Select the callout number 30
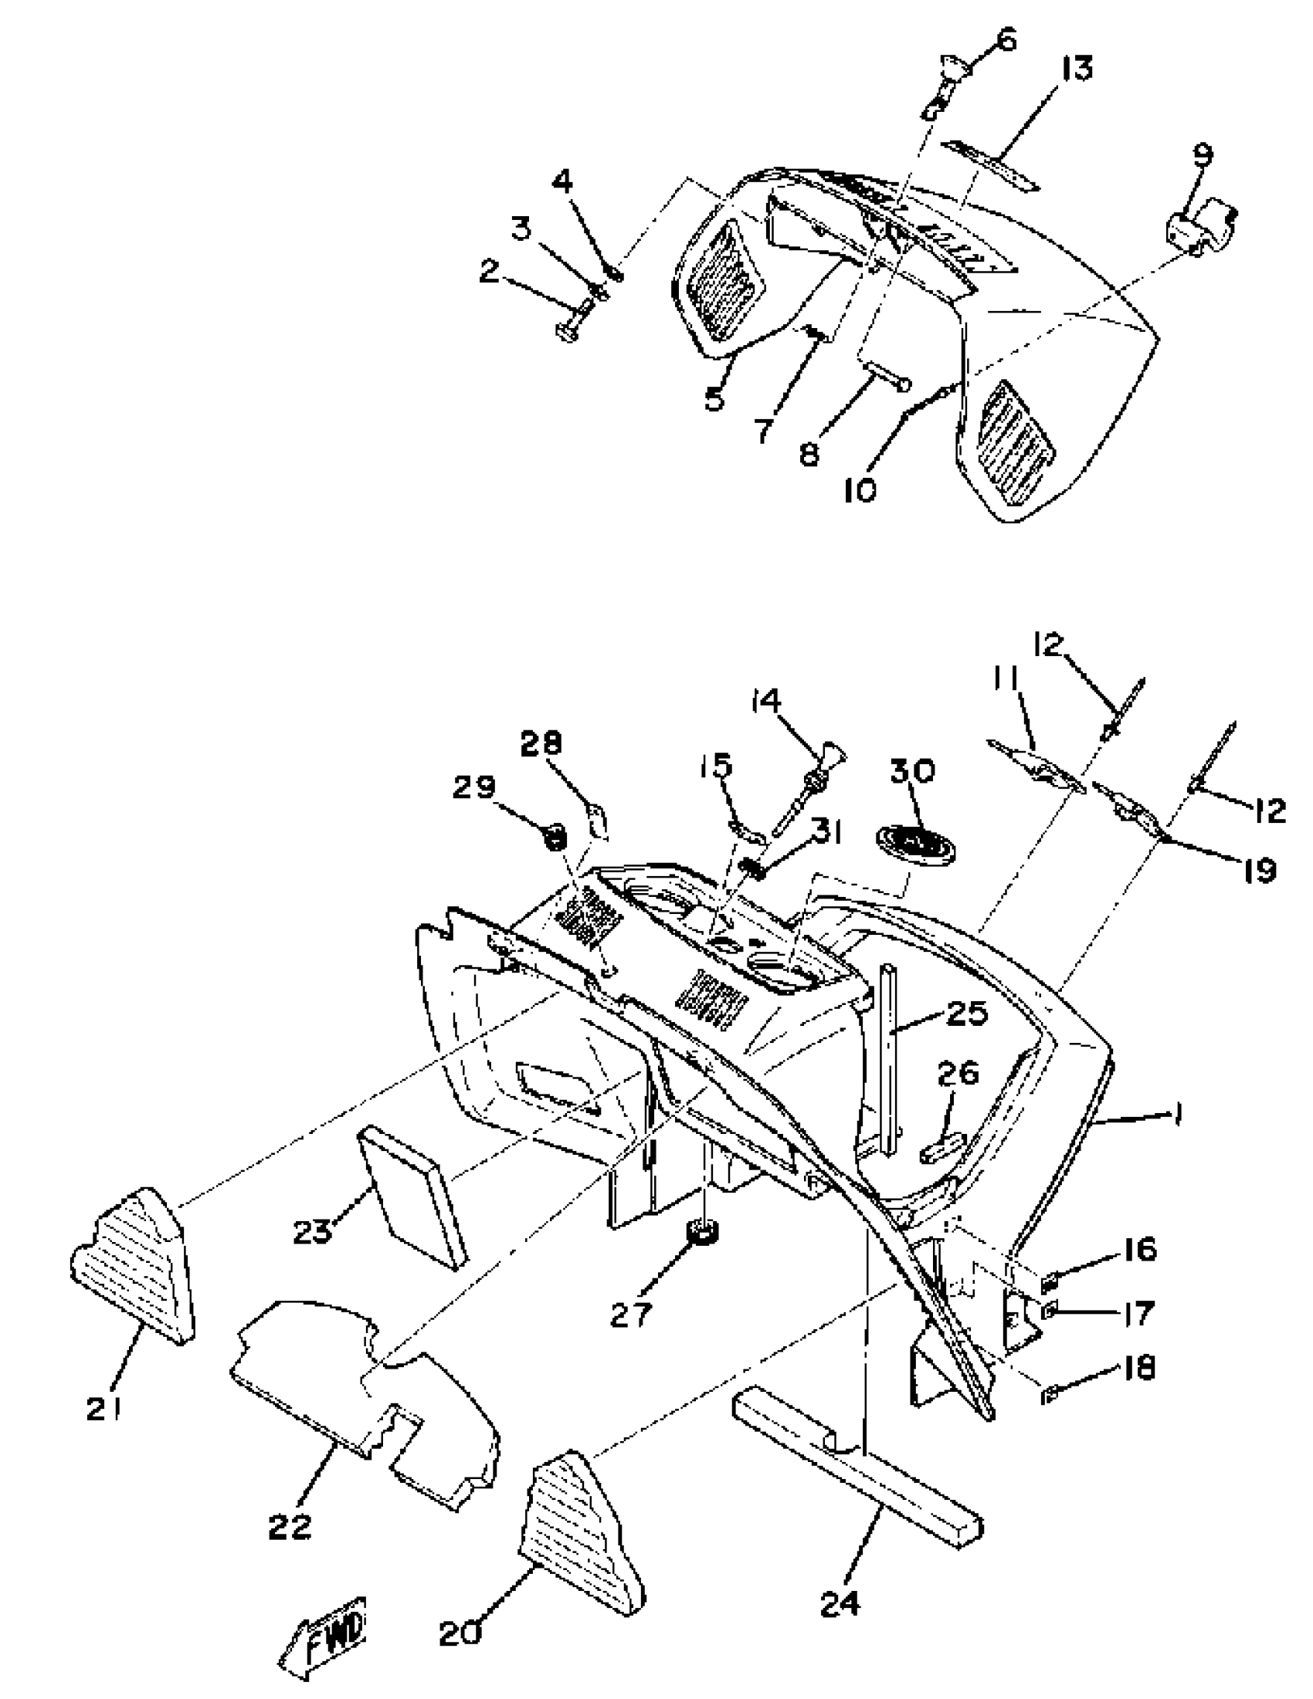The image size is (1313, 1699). coord(912,771)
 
